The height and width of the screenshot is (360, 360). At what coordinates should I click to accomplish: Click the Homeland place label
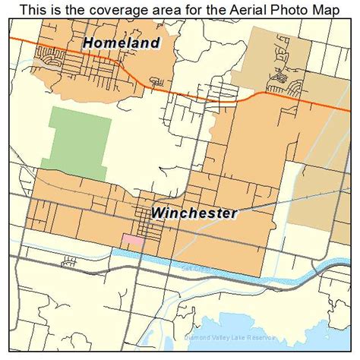point(122,43)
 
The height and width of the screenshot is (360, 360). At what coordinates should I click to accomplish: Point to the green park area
point(76,141)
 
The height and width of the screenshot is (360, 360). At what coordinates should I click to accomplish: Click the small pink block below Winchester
point(132,240)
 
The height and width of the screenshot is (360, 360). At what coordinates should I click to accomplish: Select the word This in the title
point(34,10)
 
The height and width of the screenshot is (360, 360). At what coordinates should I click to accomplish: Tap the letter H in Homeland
point(90,43)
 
